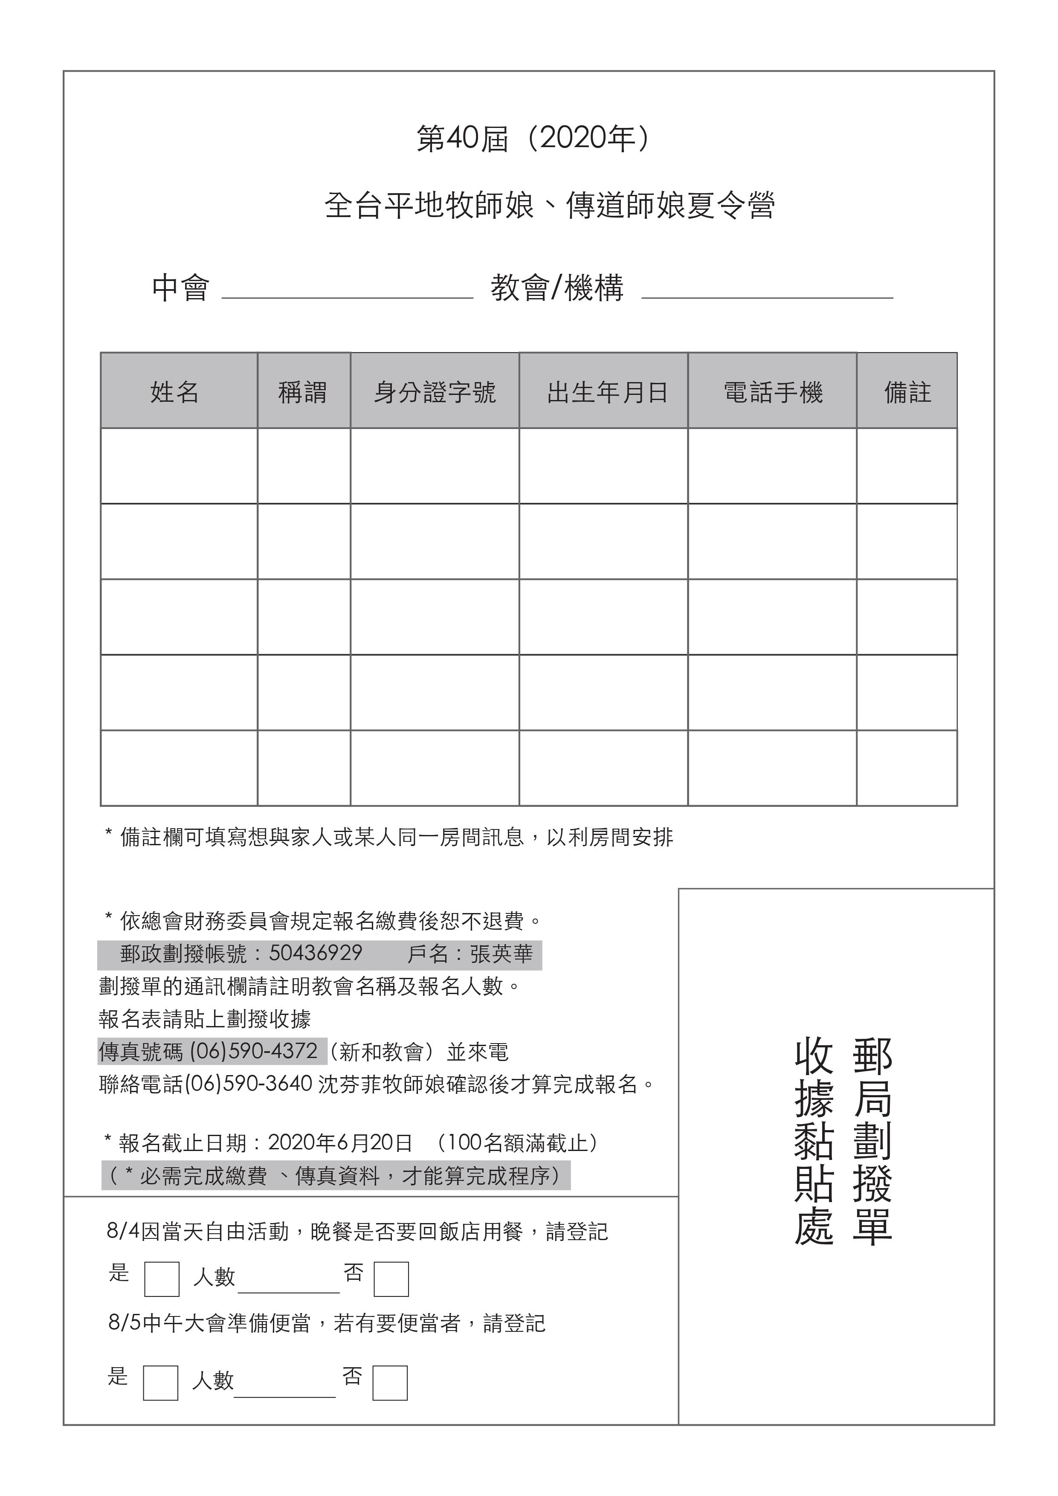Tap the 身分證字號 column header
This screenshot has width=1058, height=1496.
pyautogui.click(x=435, y=391)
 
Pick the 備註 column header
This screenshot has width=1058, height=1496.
pyautogui.click(x=907, y=391)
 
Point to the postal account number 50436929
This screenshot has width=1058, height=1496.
pyautogui.click(x=315, y=953)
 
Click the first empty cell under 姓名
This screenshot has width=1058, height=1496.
pyautogui.click(x=179, y=465)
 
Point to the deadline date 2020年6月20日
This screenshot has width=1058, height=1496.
pyautogui.click(x=340, y=1142)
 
